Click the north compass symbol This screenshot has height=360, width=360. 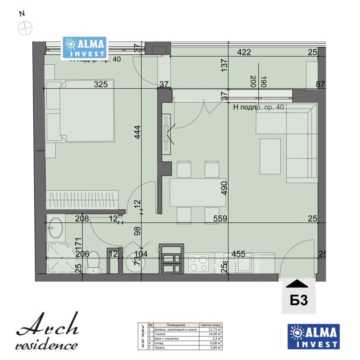(x=25, y=27)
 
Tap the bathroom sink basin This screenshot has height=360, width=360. (x=57, y=228)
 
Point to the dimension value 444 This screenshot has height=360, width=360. (x=138, y=133)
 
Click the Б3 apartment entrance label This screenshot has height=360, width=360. (x=298, y=300)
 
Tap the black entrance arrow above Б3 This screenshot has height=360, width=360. (x=298, y=283)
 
